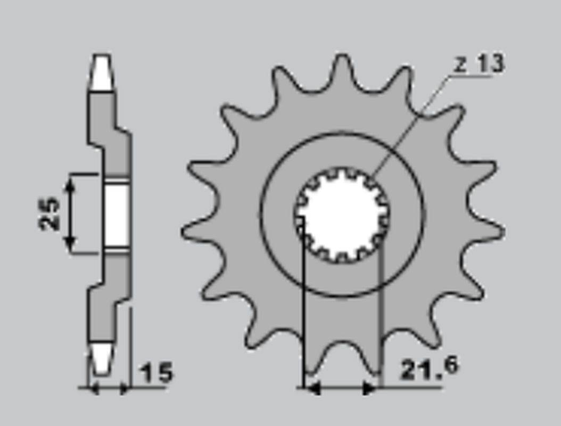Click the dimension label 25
click(x=49, y=214)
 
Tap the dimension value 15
click(x=156, y=373)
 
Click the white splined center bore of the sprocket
click(x=342, y=214)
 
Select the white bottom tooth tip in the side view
click(x=102, y=360)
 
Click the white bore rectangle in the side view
click(x=117, y=214)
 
